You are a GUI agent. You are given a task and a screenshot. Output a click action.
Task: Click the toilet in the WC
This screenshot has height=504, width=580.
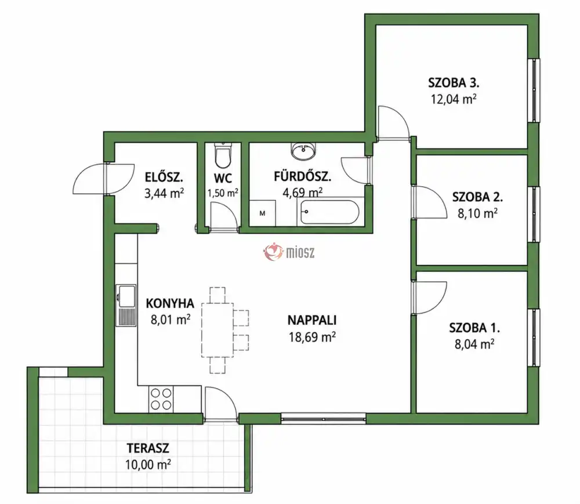(x=223, y=155)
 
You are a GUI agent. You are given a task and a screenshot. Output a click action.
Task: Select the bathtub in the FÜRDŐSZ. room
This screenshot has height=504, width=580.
(x=329, y=212)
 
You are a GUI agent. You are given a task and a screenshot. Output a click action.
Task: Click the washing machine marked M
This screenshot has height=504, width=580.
(x=262, y=213)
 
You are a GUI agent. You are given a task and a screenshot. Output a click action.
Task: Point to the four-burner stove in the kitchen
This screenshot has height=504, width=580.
(x=161, y=400)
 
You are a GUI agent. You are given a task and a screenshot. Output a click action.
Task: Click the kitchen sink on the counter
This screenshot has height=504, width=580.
(x=126, y=305)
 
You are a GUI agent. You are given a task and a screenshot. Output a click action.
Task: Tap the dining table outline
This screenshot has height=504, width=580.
(x=217, y=330)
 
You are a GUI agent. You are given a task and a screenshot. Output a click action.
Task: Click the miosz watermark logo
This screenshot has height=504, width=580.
(x=289, y=252)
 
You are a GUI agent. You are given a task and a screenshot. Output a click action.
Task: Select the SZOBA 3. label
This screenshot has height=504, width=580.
(x=454, y=82)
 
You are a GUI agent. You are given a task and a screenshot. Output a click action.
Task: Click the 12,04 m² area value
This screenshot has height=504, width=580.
(x=454, y=99)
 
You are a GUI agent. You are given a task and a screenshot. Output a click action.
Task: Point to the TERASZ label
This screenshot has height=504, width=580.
(x=148, y=448)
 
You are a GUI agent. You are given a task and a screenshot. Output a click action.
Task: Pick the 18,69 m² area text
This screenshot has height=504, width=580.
(x=312, y=337)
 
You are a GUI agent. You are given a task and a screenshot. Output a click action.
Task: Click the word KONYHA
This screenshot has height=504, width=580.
(x=170, y=303)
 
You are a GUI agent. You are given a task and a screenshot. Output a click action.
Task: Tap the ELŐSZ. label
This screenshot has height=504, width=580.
(x=164, y=177)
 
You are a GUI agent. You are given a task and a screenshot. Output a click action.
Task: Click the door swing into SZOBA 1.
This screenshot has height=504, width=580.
(x=429, y=298)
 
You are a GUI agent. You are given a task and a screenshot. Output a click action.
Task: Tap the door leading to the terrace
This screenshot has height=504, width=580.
(x=220, y=404)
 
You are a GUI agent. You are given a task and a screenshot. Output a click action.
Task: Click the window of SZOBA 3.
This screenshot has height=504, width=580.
(x=534, y=90)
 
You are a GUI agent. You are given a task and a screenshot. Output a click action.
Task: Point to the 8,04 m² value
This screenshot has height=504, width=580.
(x=474, y=345)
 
